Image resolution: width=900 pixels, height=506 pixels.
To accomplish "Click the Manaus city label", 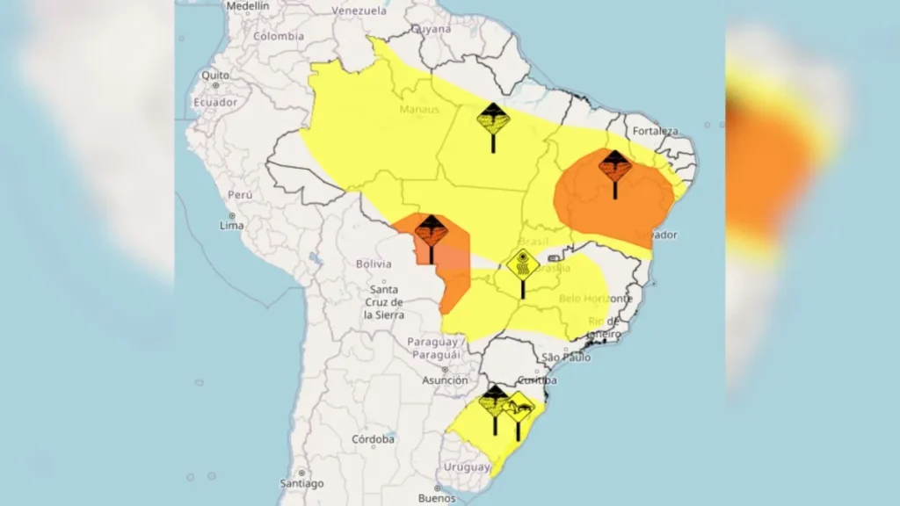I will point(418,110).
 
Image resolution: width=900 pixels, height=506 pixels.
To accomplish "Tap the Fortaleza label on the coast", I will point(654,131).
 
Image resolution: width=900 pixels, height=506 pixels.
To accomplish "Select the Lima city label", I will point(232,226).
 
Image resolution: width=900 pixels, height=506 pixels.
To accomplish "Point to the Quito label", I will point(214,76).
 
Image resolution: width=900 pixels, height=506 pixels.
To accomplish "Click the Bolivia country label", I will point(374,264).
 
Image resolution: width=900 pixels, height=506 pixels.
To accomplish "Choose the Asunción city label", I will point(445,380).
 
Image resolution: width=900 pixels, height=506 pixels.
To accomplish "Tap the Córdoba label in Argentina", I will point(373,438).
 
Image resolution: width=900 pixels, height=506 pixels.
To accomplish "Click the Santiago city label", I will point(302,483).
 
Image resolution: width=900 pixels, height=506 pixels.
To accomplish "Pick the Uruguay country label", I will point(466,466).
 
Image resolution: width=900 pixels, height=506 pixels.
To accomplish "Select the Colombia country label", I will point(279,36).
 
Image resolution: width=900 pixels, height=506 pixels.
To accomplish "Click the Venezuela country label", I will point(359,11).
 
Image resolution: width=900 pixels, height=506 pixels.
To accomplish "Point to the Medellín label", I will point(247,5).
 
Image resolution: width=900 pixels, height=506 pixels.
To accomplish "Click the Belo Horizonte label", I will point(597,299).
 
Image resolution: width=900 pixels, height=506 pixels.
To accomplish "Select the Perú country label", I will point(240,194).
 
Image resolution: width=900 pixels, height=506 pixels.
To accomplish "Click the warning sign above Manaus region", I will point(492,119).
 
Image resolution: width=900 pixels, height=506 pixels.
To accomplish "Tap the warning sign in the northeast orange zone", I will point(614,165).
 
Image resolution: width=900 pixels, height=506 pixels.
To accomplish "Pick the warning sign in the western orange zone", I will point(431,231).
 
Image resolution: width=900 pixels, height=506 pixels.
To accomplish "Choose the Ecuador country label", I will point(215,102).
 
